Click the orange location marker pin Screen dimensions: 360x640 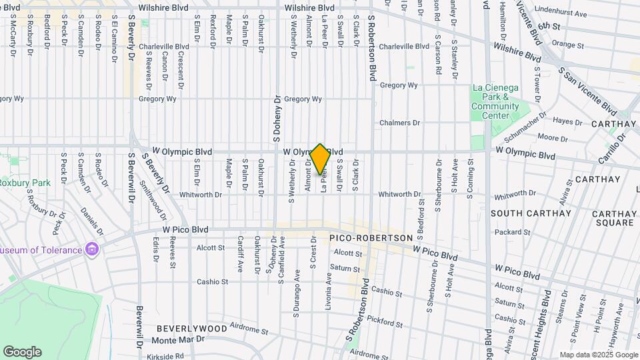pos(320,159)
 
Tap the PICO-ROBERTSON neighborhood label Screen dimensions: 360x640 pos(371,238)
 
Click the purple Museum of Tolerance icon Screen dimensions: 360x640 pos(92,250)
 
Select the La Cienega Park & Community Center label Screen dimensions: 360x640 pos(495,101)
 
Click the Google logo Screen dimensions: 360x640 pos(22,352)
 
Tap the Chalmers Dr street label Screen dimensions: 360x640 pos(400,123)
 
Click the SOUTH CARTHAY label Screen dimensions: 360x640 pos(531,213)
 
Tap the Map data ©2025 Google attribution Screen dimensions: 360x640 pos(599,355)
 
